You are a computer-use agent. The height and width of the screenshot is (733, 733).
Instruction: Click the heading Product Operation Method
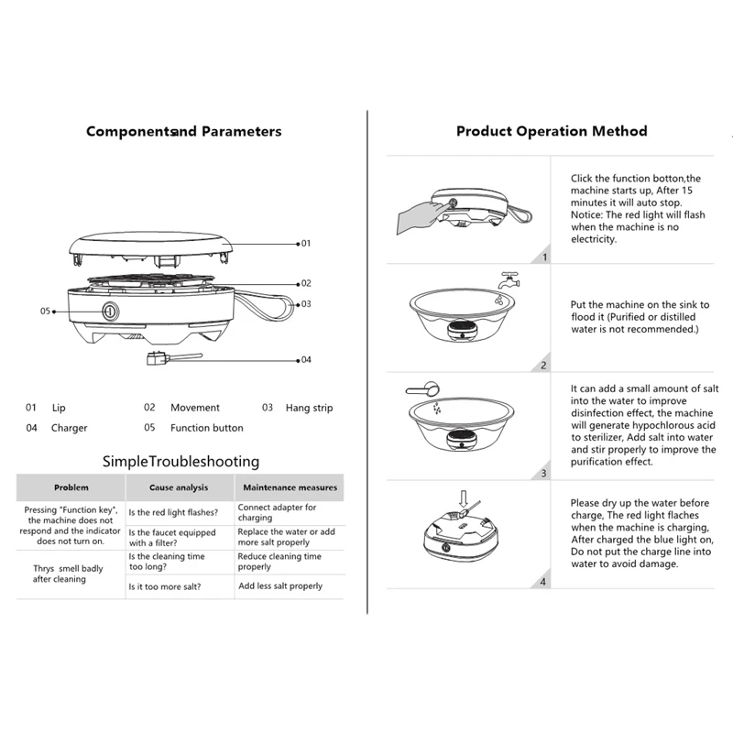pos(552,131)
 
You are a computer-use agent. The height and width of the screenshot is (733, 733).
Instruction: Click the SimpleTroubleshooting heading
pos(181,461)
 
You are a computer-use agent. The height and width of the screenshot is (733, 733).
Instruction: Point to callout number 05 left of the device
pos(45,311)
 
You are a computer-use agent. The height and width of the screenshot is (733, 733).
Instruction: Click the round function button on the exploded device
pos(110,311)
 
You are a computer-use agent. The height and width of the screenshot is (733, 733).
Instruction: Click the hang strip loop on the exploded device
pos(276,305)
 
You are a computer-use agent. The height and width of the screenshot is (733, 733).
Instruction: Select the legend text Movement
pos(195,408)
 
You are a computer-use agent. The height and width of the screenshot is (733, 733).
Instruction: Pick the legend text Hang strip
pos(309,408)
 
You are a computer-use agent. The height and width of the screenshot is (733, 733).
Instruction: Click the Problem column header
pos(71,487)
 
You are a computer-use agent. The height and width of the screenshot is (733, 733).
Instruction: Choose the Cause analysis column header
pos(180,487)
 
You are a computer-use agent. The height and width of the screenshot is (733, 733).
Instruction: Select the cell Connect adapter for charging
pos(277,512)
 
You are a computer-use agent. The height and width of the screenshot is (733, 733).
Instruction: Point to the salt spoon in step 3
pos(417,388)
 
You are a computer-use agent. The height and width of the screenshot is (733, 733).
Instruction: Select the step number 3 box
pos(544,473)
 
